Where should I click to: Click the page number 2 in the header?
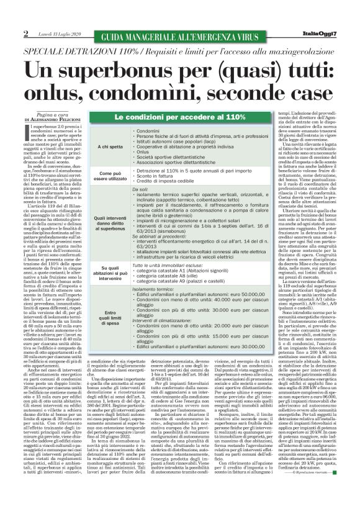point(26,32)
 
